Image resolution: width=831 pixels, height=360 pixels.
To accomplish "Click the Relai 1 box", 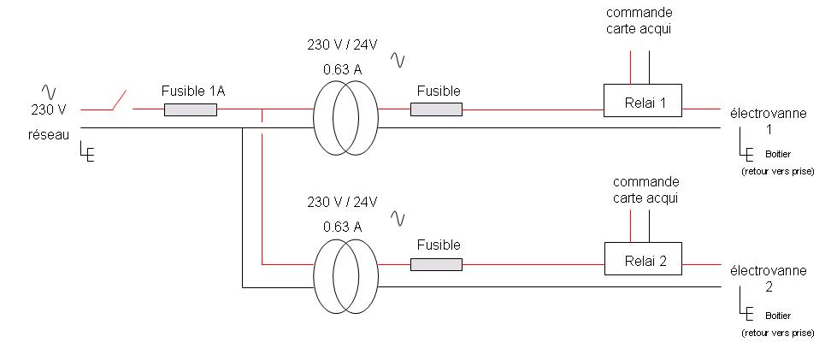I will pos(643,101).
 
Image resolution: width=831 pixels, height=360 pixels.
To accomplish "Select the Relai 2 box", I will pos(643,258).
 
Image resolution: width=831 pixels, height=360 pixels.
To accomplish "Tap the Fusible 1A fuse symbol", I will pos(190,109).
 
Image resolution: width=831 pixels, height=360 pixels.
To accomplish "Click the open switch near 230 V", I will pos(120,102).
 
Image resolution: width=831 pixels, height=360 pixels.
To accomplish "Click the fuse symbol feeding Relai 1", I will pos(436,109).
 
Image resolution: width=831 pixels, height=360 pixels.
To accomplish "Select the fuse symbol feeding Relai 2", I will pos(436,265).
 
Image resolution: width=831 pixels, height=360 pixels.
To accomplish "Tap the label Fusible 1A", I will pos(193,90).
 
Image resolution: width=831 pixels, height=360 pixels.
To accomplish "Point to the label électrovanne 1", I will pos(767,120).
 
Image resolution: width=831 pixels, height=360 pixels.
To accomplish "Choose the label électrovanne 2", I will pos(767,277).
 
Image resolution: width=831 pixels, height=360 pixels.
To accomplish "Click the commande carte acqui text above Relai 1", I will pos(639,21).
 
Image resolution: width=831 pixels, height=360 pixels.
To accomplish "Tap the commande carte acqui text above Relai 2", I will pos(646,190).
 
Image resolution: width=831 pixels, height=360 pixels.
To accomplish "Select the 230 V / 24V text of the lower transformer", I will pos(342,203).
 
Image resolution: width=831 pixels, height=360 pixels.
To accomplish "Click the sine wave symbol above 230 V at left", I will pos(49,91).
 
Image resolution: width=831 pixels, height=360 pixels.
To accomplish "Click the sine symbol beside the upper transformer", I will pos(398,59).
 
